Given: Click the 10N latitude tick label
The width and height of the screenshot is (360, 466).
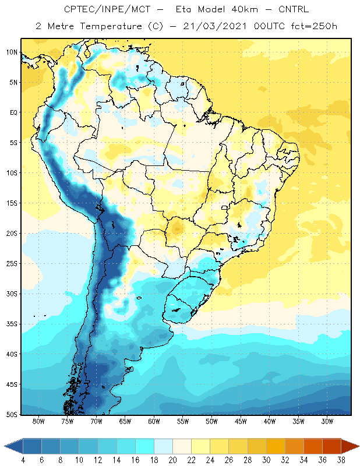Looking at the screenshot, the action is click(x=12, y=52).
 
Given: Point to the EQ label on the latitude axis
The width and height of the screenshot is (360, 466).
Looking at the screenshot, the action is click(x=13, y=112).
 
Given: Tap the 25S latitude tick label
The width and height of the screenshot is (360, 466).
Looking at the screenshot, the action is click(x=12, y=264).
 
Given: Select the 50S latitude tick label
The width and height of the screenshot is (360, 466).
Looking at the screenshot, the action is click(x=12, y=415).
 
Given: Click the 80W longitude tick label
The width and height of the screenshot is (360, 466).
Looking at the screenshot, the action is click(x=38, y=421).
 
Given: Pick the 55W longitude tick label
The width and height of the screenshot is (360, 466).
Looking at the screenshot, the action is click(x=183, y=421).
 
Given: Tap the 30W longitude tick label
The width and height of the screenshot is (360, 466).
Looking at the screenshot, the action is click(x=327, y=421).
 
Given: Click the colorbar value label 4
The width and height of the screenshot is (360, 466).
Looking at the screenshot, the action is click(x=23, y=460).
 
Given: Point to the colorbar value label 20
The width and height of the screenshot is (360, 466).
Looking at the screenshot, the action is click(x=172, y=460).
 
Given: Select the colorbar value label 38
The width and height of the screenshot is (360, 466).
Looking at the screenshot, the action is click(x=341, y=460).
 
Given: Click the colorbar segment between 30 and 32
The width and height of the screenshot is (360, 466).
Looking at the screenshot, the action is click(x=276, y=446).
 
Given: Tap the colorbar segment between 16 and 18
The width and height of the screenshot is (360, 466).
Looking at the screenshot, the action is click(x=145, y=446).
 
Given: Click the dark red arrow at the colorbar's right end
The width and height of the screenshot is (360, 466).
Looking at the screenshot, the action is click(x=350, y=446).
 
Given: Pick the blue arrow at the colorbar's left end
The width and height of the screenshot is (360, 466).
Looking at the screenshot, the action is click(x=14, y=446).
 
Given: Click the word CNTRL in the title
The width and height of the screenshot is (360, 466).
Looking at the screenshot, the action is click(x=294, y=9).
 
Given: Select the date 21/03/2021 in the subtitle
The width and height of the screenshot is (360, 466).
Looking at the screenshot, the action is click(x=215, y=26).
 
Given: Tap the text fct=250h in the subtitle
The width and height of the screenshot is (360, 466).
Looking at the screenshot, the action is click(x=314, y=26).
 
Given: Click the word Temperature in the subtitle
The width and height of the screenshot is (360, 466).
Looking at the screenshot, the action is click(x=111, y=26).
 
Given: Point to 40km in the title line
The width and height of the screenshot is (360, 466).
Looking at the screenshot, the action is click(x=245, y=9).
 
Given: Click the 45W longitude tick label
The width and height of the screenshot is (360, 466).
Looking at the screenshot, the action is click(x=241, y=421).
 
